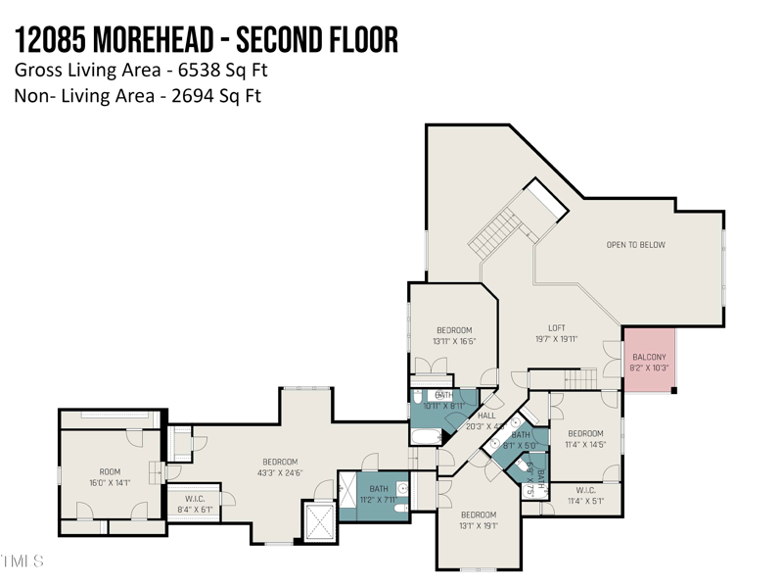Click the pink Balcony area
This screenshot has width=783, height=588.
(649, 360)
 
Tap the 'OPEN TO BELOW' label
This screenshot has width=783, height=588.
(635, 245)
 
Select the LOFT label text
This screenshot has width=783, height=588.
(556, 328)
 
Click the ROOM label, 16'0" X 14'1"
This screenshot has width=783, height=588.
(110, 471)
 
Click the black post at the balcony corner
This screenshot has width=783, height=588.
(673, 391)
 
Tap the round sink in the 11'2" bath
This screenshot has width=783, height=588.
(402, 487)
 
